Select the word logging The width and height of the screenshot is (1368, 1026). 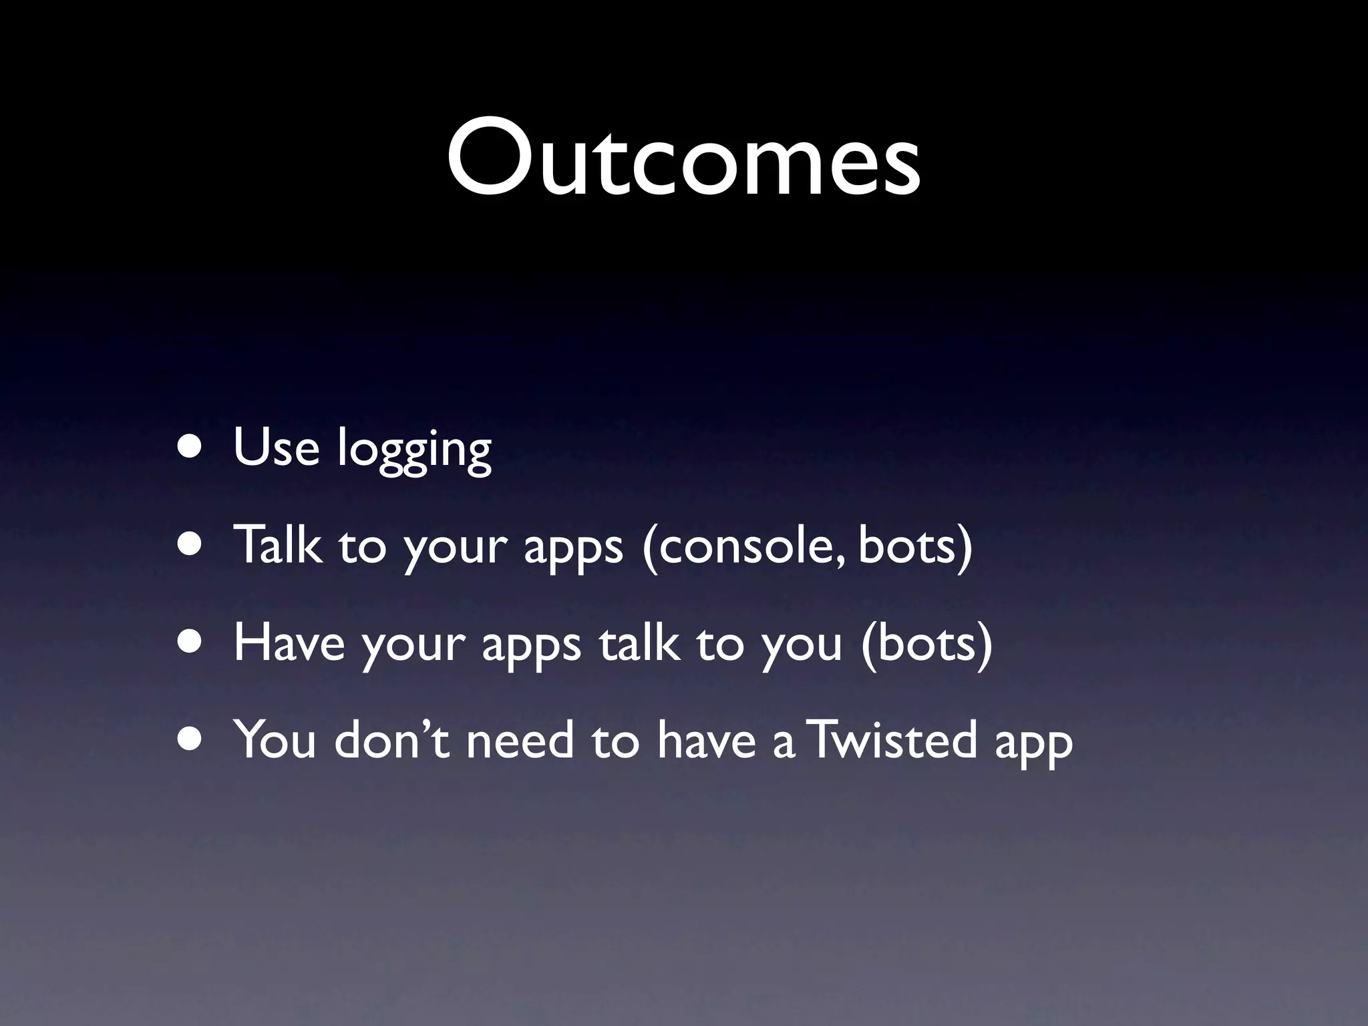(414, 449)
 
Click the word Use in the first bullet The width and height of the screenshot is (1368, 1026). (276, 446)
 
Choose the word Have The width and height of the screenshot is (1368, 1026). (289, 643)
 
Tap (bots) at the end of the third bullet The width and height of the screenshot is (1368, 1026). (926, 643)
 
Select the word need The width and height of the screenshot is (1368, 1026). (520, 740)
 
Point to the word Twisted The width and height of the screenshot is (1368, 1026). (893, 740)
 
